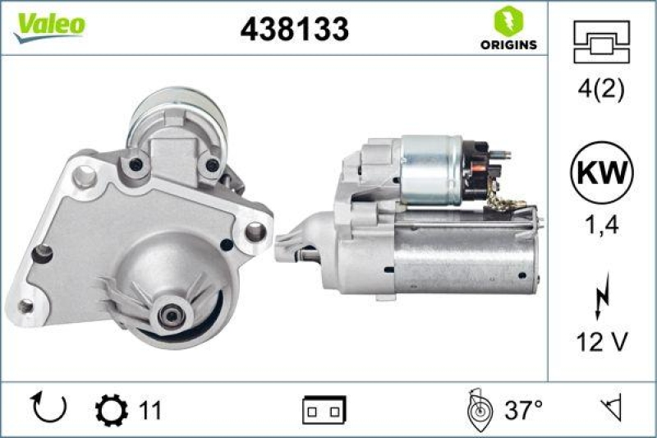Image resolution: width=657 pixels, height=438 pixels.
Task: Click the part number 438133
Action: (294, 29)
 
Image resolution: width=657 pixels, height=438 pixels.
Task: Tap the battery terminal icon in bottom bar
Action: (324, 409)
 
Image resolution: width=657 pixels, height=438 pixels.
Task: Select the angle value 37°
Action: (522, 408)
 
